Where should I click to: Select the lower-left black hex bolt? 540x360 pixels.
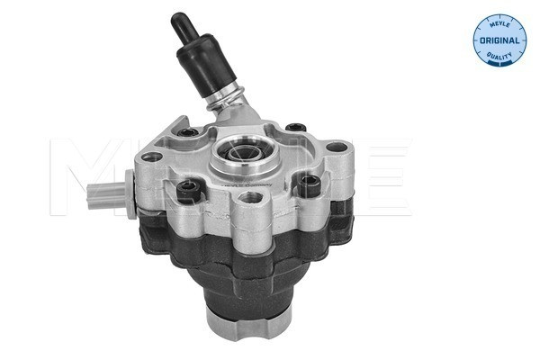coord(186,190)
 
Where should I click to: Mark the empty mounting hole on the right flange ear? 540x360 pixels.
coord(337,148)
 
